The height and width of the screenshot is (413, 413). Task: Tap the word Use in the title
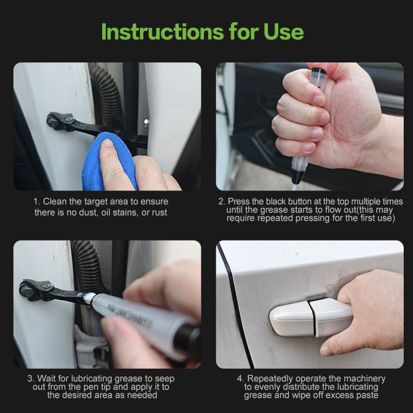(283, 31)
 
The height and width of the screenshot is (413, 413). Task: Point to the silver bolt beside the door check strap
(146, 123)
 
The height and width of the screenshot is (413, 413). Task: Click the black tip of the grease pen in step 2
(296, 177)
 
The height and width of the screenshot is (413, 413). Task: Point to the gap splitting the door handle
(312, 318)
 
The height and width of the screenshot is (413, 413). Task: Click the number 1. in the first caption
(37, 201)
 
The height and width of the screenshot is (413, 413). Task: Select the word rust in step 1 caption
(159, 213)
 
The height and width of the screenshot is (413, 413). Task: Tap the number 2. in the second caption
(222, 201)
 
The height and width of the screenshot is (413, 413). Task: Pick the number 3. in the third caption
(31, 378)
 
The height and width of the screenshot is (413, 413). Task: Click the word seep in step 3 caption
(165, 379)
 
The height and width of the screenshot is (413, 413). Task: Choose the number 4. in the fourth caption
(241, 378)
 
